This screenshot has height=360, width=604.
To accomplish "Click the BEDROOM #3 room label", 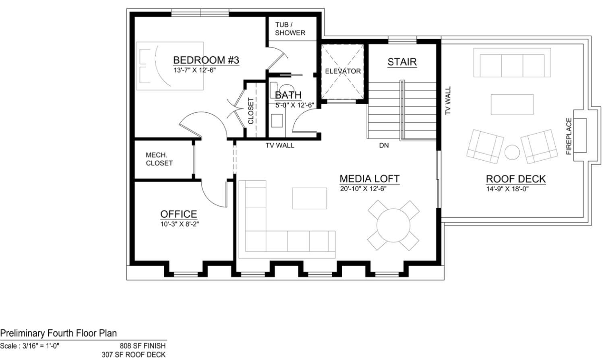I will click(x=206, y=60).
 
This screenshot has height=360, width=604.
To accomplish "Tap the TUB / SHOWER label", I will click(x=290, y=29).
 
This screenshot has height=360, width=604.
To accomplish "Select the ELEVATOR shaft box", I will click(x=343, y=71).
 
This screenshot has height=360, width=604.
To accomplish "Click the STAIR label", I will click(x=402, y=62).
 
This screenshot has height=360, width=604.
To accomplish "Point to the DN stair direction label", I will click(x=384, y=145).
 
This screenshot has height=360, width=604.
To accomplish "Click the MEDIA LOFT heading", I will click(x=369, y=178).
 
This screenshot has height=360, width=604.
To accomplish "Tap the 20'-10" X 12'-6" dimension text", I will click(x=363, y=189).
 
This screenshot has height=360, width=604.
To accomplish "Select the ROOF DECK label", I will click(x=515, y=179).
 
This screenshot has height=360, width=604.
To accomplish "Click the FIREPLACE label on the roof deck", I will click(x=569, y=136).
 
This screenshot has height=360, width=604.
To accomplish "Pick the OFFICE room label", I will click(x=179, y=214).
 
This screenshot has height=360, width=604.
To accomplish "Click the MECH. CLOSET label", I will click(x=159, y=159).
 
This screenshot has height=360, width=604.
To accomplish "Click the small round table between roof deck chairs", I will click(x=512, y=153).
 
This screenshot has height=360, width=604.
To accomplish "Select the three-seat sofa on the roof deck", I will click(x=512, y=63).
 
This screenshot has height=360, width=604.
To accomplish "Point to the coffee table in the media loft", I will click(x=309, y=198).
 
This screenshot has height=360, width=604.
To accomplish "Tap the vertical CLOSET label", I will click(x=251, y=111).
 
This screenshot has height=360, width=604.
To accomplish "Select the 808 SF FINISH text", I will click(x=143, y=346).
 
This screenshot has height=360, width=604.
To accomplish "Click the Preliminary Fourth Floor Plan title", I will click(x=58, y=333).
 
